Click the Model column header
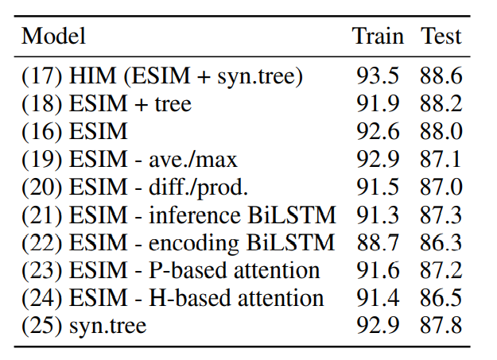click(53, 36)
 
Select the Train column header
click(378, 36)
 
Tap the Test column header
click(441, 36)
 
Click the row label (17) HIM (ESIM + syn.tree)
click(162, 77)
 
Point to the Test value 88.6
click(441, 77)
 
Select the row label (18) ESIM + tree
click(107, 104)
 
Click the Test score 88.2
click(441, 104)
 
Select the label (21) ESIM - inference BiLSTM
click(179, 215)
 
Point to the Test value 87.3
click(441, 215)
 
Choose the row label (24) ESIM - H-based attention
click(173, 299)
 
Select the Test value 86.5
click(441, 299)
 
